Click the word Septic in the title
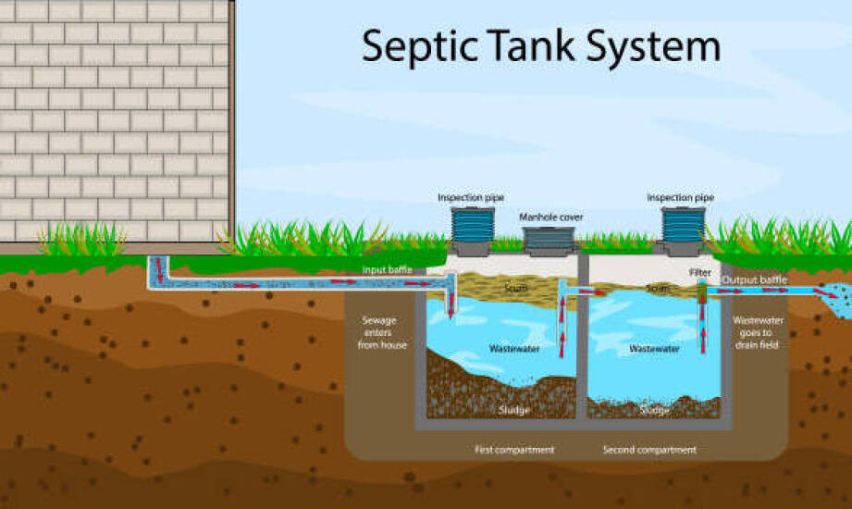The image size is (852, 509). pyautogui.click(x=419, y=47)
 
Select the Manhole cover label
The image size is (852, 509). pyautogui.click(x=551, y=217)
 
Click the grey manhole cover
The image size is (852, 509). pyautogui.click(x=549, y=241)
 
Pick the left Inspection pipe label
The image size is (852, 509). pyautogui.click(x=471, y=197)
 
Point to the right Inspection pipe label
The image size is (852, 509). pyautogui.click(x=680, y=197)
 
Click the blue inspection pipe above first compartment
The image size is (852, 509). pyautogui.click(x=472, y=225)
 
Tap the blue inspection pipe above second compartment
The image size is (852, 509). pyautogui.click(x=683, y=225)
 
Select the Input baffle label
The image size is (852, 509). pyautogui.click(x=387, y=269)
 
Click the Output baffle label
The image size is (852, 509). pyautogui.click(x=754, y=280)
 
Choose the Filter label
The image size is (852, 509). pyautogui.click(x=700, y=272)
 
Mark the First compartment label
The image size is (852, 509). pyautogui.click(x=514, y=450)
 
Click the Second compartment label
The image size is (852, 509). pyautogui.click(x=649, y=450)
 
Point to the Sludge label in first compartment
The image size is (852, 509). pyautogui.click(x=513, y=409)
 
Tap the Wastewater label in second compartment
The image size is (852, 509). pyautogui.click(x=654, y=349)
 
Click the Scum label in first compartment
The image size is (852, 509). pyautogui.click(x=514, y=288)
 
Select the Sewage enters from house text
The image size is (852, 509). pyautogui.click(x=381, y=332)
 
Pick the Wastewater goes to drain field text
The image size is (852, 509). pyautogui.click(x=758, y=332)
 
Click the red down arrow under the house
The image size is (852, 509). pyautogui.click(x=159, y=267)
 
